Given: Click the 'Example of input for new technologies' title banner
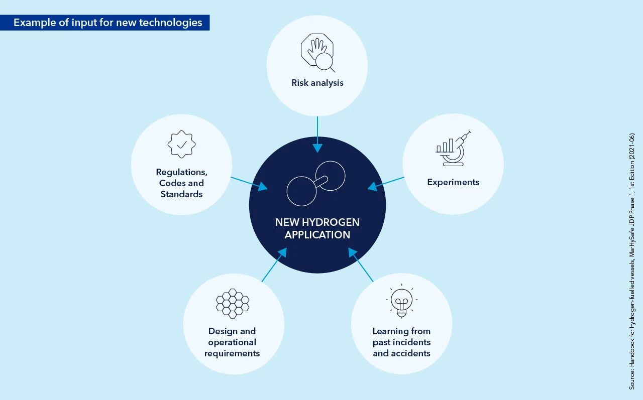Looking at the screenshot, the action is coord(105,23).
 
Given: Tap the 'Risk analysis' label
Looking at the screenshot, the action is coord(317,83).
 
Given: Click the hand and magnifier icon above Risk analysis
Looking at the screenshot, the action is coord(318,53).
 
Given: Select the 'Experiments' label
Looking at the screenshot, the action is coord(453,182).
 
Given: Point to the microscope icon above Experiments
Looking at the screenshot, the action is coord(453,149).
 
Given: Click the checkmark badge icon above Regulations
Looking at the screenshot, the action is coord(181,144).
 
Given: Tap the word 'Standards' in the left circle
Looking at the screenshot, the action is coord(181,194).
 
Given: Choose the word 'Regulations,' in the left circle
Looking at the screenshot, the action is coord(181,172).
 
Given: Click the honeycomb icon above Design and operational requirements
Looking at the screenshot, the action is coord(233,303).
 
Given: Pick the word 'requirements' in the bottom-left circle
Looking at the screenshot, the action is coord(232,353).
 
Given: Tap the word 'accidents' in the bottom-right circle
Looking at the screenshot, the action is coord(410,353).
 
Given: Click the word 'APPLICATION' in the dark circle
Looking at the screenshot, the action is coord(317,235).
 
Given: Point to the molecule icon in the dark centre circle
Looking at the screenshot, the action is coord(316,184).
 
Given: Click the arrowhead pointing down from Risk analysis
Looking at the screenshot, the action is coord(317,148).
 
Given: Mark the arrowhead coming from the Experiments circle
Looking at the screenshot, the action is coord(372,187).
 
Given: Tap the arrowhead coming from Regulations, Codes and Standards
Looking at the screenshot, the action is coord(263,187).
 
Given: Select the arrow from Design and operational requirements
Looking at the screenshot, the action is coord(274,264).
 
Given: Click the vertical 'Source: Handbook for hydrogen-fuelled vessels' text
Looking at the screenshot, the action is coord(632,261).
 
